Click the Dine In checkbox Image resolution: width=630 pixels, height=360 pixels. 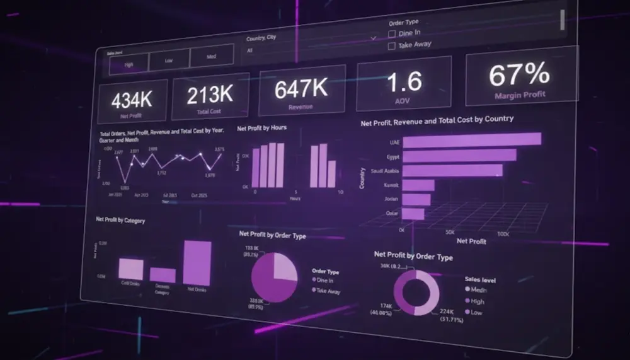(x=392, y=33)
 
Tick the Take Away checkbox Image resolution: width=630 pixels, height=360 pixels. (x=392, y=45)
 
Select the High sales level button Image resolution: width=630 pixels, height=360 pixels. (x=129, y=64)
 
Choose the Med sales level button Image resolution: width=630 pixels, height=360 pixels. (x=212, y=57)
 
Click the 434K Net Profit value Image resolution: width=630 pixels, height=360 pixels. (x=132, y=100)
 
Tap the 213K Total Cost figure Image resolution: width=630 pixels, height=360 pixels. (x=210, y=95)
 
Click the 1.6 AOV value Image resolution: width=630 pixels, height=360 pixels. (x=404, y=83)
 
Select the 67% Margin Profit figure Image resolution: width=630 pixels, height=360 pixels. (x=519, y=75)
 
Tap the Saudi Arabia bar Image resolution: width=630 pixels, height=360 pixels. (x=452, y=170)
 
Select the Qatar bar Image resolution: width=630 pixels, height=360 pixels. (x=413, y=214)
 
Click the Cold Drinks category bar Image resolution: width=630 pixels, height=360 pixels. (x=131, y=269)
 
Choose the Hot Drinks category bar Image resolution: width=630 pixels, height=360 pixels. (x=197, y=263)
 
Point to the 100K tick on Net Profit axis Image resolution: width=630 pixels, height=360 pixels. (x=502, y=234)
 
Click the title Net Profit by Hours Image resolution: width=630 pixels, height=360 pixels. (x=262, y=128)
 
